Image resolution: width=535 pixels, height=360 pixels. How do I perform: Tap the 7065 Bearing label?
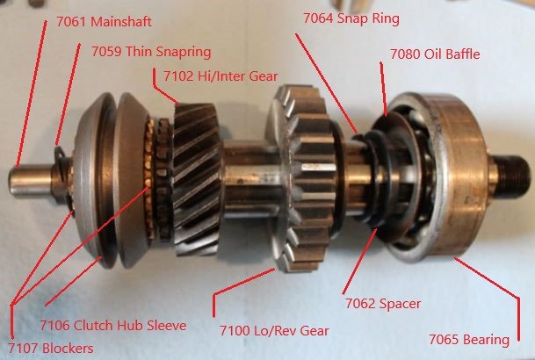469,339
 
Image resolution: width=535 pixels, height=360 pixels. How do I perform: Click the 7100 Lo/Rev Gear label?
274,330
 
